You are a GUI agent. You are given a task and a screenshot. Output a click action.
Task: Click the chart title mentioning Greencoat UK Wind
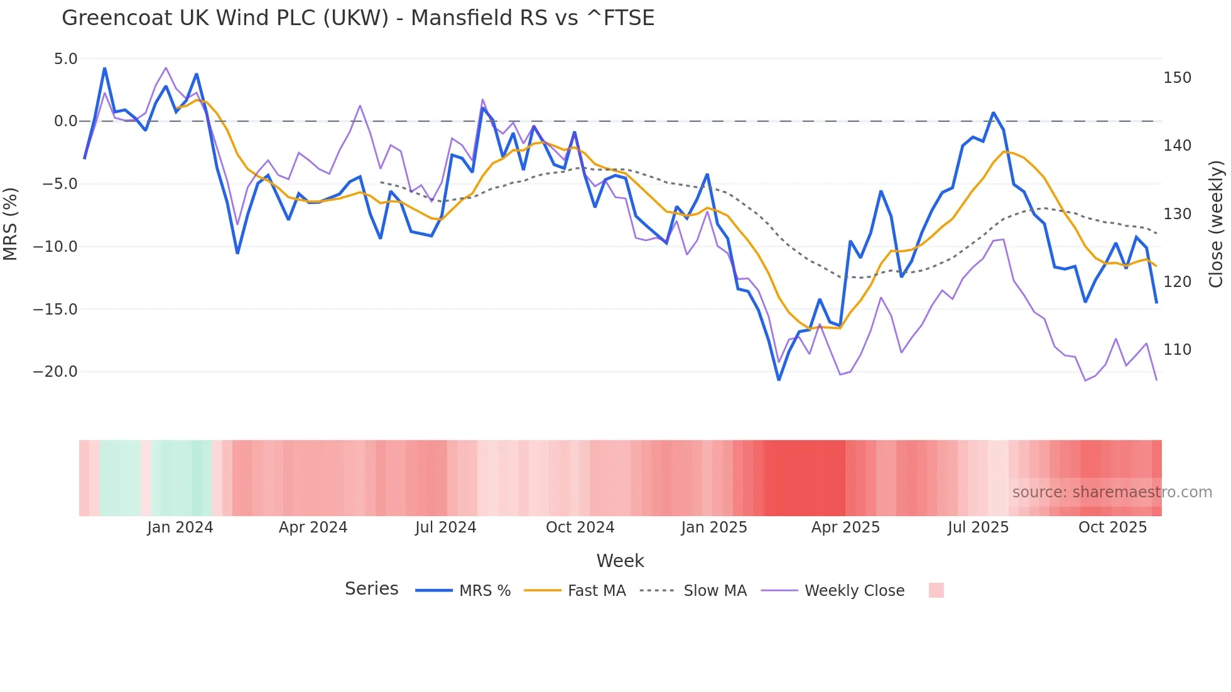tap(358, 18)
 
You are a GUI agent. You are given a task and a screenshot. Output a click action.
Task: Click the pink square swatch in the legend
tap(936, 590)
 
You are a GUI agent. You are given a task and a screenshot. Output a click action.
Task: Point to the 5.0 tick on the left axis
tap(65, 59)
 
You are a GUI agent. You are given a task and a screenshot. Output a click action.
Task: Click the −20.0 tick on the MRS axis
tap(55, 372)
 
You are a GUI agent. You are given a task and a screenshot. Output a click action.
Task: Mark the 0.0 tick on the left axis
tap(65, 121)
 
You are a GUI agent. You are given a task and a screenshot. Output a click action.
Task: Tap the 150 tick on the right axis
tap(1177, 78)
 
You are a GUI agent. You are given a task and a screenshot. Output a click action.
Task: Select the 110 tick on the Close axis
tap(1177, 350)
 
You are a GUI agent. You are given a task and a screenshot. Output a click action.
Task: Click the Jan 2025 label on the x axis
tap(714, 527)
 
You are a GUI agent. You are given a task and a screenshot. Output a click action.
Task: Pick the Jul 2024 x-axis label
tap(446, 527)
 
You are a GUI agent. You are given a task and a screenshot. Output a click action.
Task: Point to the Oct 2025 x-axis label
tap(1112, 527)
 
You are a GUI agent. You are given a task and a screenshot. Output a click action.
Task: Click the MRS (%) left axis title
tap(11, 224)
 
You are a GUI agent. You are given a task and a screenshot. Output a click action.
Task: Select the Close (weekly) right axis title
tap(1216, 224)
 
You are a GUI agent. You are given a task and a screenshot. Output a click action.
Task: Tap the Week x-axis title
tap(620, 561)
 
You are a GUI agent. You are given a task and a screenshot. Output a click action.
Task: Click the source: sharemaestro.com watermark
tap(1112, 492)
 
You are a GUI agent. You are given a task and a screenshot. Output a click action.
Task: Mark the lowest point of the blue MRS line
tap(779, 379)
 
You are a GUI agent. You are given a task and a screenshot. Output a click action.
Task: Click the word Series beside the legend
tap(371, 589)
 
